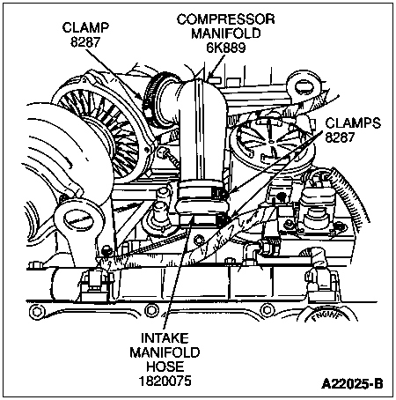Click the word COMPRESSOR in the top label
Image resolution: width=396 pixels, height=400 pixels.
[x=225, y=19]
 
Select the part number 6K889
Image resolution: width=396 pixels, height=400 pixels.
[x=226, y=48]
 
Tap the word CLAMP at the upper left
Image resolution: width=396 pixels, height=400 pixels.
[x=85, y=27]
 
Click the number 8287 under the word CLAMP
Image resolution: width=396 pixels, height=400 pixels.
[x=85, y=42]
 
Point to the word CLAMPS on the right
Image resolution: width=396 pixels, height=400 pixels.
[x=353, y=122]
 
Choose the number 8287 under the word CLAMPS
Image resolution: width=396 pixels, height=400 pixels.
[x=340, y=137]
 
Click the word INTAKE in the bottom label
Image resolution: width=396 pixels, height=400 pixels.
[x=165, y=338]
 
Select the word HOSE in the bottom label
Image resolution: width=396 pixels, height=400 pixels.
[x=165, y=367]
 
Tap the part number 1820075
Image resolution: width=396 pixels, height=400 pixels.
[x=165, y=381]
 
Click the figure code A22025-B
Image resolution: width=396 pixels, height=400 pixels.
[x=352, y=383]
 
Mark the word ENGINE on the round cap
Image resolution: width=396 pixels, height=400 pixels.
[x=327, y=316]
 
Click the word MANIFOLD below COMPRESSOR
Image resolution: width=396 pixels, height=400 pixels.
[x=226, y=33]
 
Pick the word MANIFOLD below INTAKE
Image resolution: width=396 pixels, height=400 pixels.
[x=165, y=352]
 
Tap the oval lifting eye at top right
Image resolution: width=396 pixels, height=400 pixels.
[x=304, y=86]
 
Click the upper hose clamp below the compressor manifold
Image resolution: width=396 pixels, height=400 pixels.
[x=202, y=190]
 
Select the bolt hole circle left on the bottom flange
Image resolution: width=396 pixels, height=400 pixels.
[x=36, y=312]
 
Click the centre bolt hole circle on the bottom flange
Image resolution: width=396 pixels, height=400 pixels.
[x=151, y=310]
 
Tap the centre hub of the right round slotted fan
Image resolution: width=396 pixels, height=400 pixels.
[x=272, y=142]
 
